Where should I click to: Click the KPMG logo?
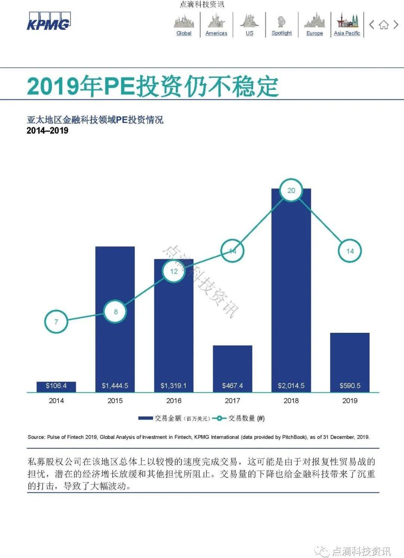point(48,21)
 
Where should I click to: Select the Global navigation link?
point(184,33)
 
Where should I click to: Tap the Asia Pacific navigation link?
point(347,33)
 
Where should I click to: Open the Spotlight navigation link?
point(281,33)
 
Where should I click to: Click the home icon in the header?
point(384,25)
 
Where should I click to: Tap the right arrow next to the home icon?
point(396,25)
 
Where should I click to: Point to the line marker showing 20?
point(291,190)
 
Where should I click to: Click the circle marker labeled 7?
point(56,322)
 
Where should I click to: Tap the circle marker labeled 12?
point(174,271)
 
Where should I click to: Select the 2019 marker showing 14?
point(350,251)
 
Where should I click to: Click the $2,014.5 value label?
point(291,386)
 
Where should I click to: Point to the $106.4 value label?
point(56,386)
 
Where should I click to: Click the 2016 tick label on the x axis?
point(174,401)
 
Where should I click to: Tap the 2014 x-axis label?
point(56,401)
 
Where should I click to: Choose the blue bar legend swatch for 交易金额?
point(145,418)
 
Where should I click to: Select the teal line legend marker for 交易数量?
point(219,418)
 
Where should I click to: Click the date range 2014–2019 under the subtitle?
point(48,131)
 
